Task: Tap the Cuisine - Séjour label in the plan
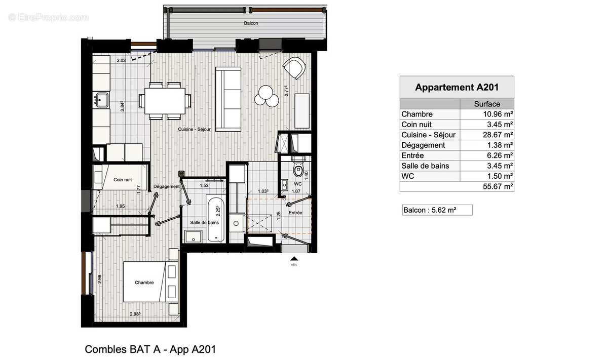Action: tap(194, 130)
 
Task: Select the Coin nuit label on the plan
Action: tap(123, 179)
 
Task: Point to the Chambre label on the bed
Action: tap(144, 283)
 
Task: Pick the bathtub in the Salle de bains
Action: tap(213, 218)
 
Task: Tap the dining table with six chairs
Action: tap(165, 99)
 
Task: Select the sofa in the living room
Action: tap(229, 97)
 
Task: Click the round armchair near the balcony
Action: tap(294, 68)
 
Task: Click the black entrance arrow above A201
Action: tap(293, 258)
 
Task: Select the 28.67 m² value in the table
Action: tap(499, 135)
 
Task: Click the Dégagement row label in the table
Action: tap(423, 145)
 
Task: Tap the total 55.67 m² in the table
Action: tap(499, 187)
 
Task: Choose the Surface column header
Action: tap(486, 104)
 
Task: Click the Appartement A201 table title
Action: tap(457, 87)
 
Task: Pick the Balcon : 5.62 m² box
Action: tap(436, 210)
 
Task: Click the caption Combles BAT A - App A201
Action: tap(150, 349)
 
